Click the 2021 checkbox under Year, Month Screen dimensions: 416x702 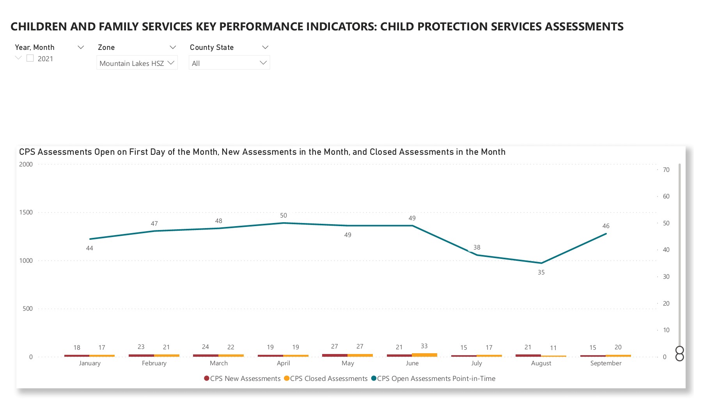tap(30, 58)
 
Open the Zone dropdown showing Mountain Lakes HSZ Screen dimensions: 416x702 tap(137, 63)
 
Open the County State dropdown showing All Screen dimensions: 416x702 tap(229, 63)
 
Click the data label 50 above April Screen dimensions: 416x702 tap(284, 216)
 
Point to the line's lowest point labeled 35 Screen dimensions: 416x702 tap(541, 263)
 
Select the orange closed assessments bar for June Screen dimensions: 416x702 tap(424, 355)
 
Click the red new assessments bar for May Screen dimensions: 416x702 tap(335, 355)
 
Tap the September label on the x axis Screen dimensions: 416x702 tap(606, 363)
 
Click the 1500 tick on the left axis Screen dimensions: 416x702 tap(26, 212)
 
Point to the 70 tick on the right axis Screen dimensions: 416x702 tap(666, 170)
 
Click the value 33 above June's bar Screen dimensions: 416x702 tap(424, 346)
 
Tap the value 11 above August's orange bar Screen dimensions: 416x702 tap(553, 348)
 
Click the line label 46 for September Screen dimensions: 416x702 tap(606, 226)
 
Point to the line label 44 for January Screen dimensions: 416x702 tap(90, 248)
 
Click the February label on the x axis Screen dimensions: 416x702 tap(154, 363)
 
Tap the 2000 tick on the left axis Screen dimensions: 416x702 tap(26, 165)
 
